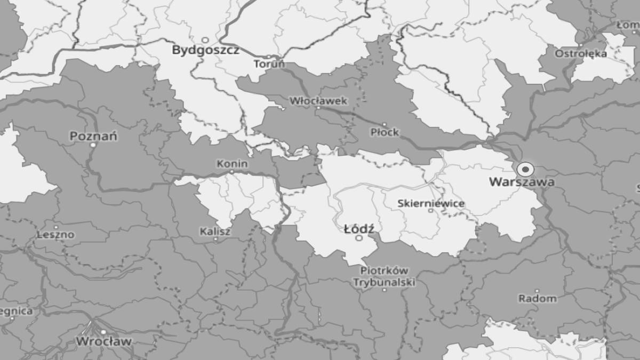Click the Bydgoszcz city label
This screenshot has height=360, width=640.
click(205, 51)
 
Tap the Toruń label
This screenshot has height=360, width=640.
click(269, 65)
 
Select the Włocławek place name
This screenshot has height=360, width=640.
click(318, 100)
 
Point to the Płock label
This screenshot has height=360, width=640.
click(385, 132)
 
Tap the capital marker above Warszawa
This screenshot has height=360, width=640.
click(525, 170)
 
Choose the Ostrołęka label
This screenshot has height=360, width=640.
click(581, 53)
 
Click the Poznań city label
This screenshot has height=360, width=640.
click(94, 136)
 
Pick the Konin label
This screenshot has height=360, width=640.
click(232, 164)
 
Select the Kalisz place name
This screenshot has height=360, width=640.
click(215, 231)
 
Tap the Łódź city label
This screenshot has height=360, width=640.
click(359, 229)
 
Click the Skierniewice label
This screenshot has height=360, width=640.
click(431, 203)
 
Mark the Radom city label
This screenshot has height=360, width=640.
click(537, 299)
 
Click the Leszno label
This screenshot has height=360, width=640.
click(56, 234)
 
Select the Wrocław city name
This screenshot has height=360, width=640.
click(103, 341)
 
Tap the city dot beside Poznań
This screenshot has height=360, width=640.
click(93, 145)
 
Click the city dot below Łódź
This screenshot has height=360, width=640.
click(359, 238)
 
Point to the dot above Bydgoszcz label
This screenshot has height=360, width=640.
click(205, 40)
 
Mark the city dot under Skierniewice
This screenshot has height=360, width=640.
click(431, 211)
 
